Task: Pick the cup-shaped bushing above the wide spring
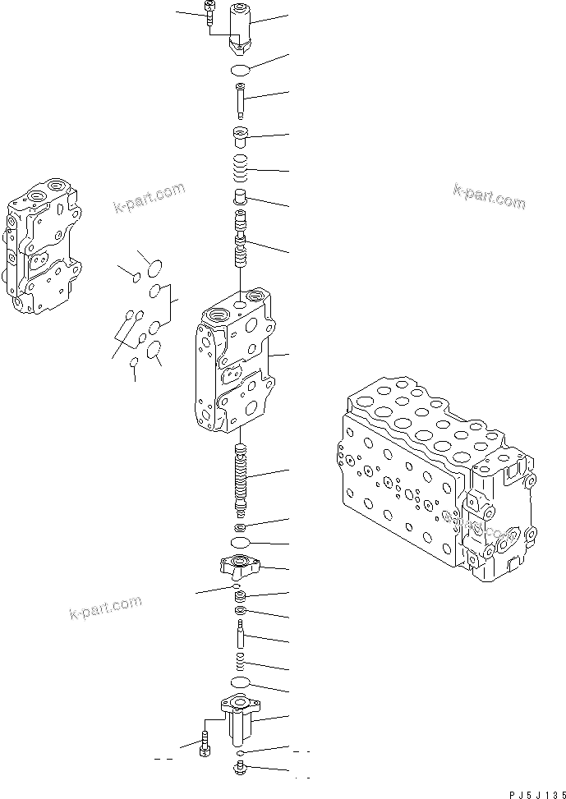point(241,135)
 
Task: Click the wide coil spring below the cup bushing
point(241,171)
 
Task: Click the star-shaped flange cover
point(240,566)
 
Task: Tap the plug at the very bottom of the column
point(240,770)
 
